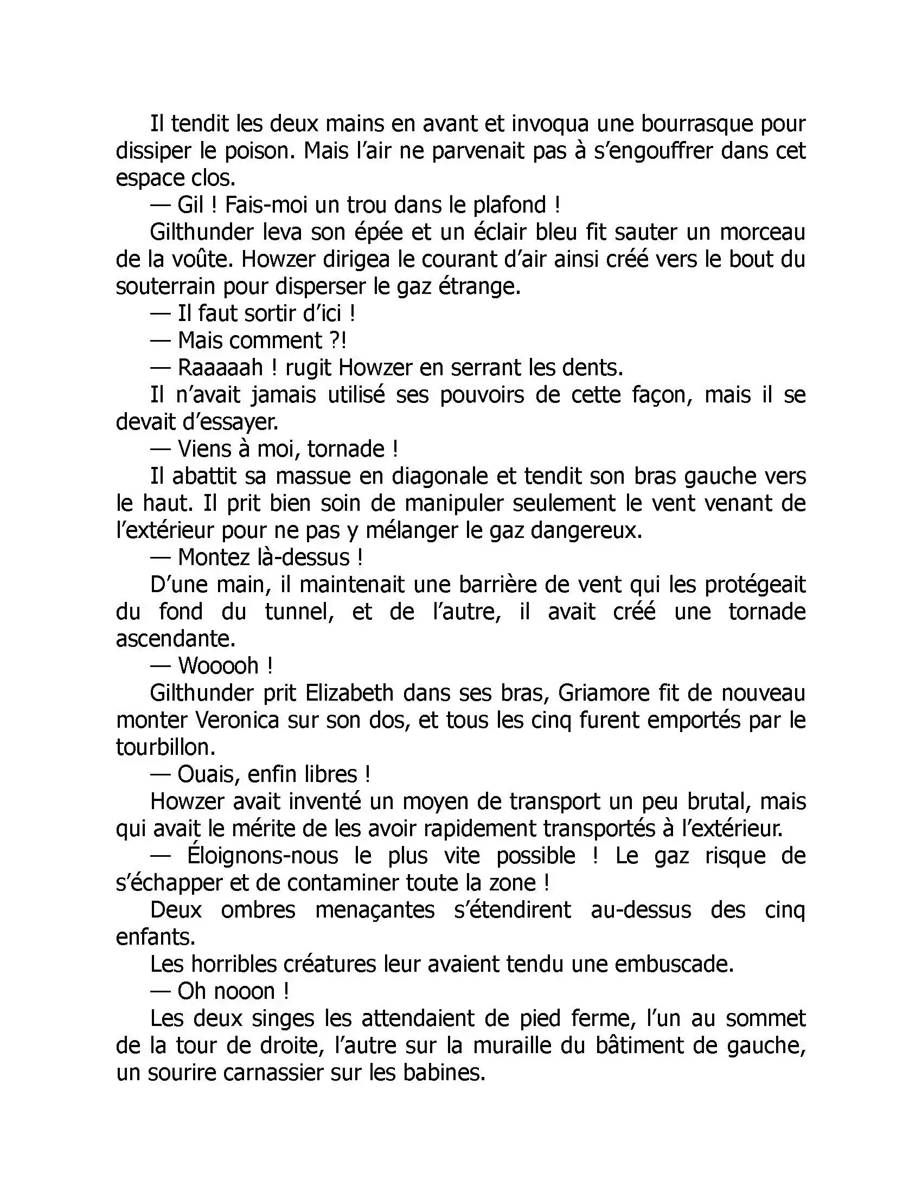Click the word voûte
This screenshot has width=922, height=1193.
click(201, 259)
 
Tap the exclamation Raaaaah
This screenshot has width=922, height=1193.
click(220, 368)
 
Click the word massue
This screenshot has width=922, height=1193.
click(312, 476)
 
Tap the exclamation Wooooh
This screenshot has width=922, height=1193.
click(219, 665)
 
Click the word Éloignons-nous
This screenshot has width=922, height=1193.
click(262, 855)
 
